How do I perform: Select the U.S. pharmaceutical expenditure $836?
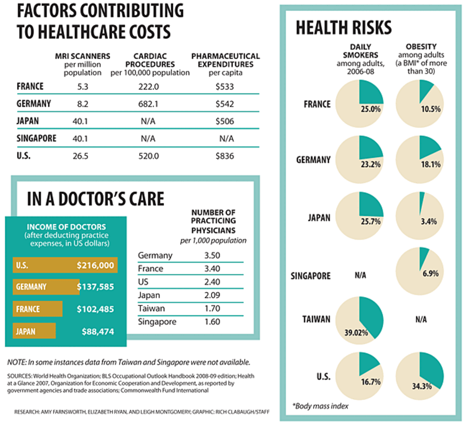tap(224, 157)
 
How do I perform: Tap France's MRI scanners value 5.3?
tap(79, 86)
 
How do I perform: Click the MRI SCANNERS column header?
tap(82, 56)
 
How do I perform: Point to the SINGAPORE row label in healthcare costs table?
tap(37, 139)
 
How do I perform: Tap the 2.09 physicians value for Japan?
tap(212, 295)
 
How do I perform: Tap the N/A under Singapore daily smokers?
tap(360, 276)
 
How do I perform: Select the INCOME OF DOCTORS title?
tap(66, 227)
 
